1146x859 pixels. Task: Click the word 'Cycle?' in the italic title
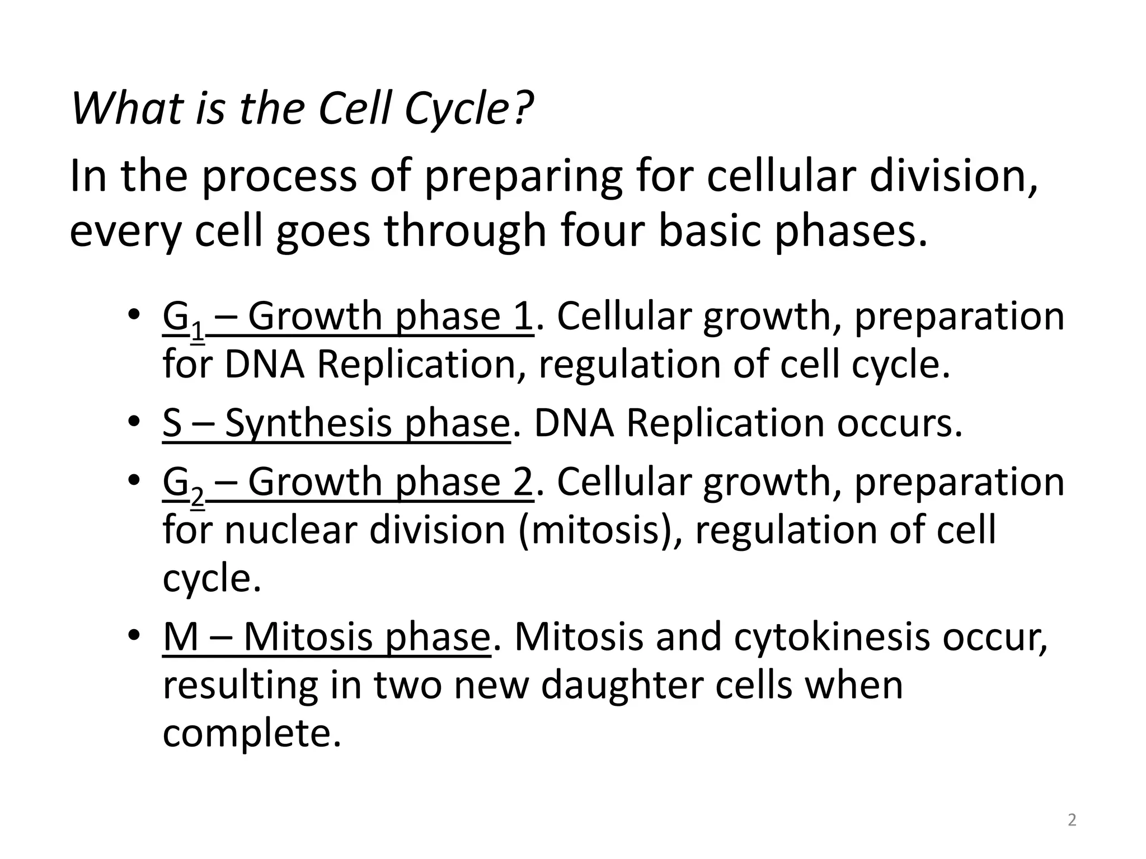(468, 108)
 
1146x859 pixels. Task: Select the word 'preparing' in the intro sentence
(523, 176)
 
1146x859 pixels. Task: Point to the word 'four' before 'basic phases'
(602, 231)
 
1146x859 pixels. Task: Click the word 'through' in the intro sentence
(465, 231)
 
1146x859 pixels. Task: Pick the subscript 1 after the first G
(198, 331)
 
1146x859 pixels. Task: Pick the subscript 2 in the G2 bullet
(198, 497)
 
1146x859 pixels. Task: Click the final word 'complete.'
(252, 734)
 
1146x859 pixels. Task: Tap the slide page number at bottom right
(1072, 820)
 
